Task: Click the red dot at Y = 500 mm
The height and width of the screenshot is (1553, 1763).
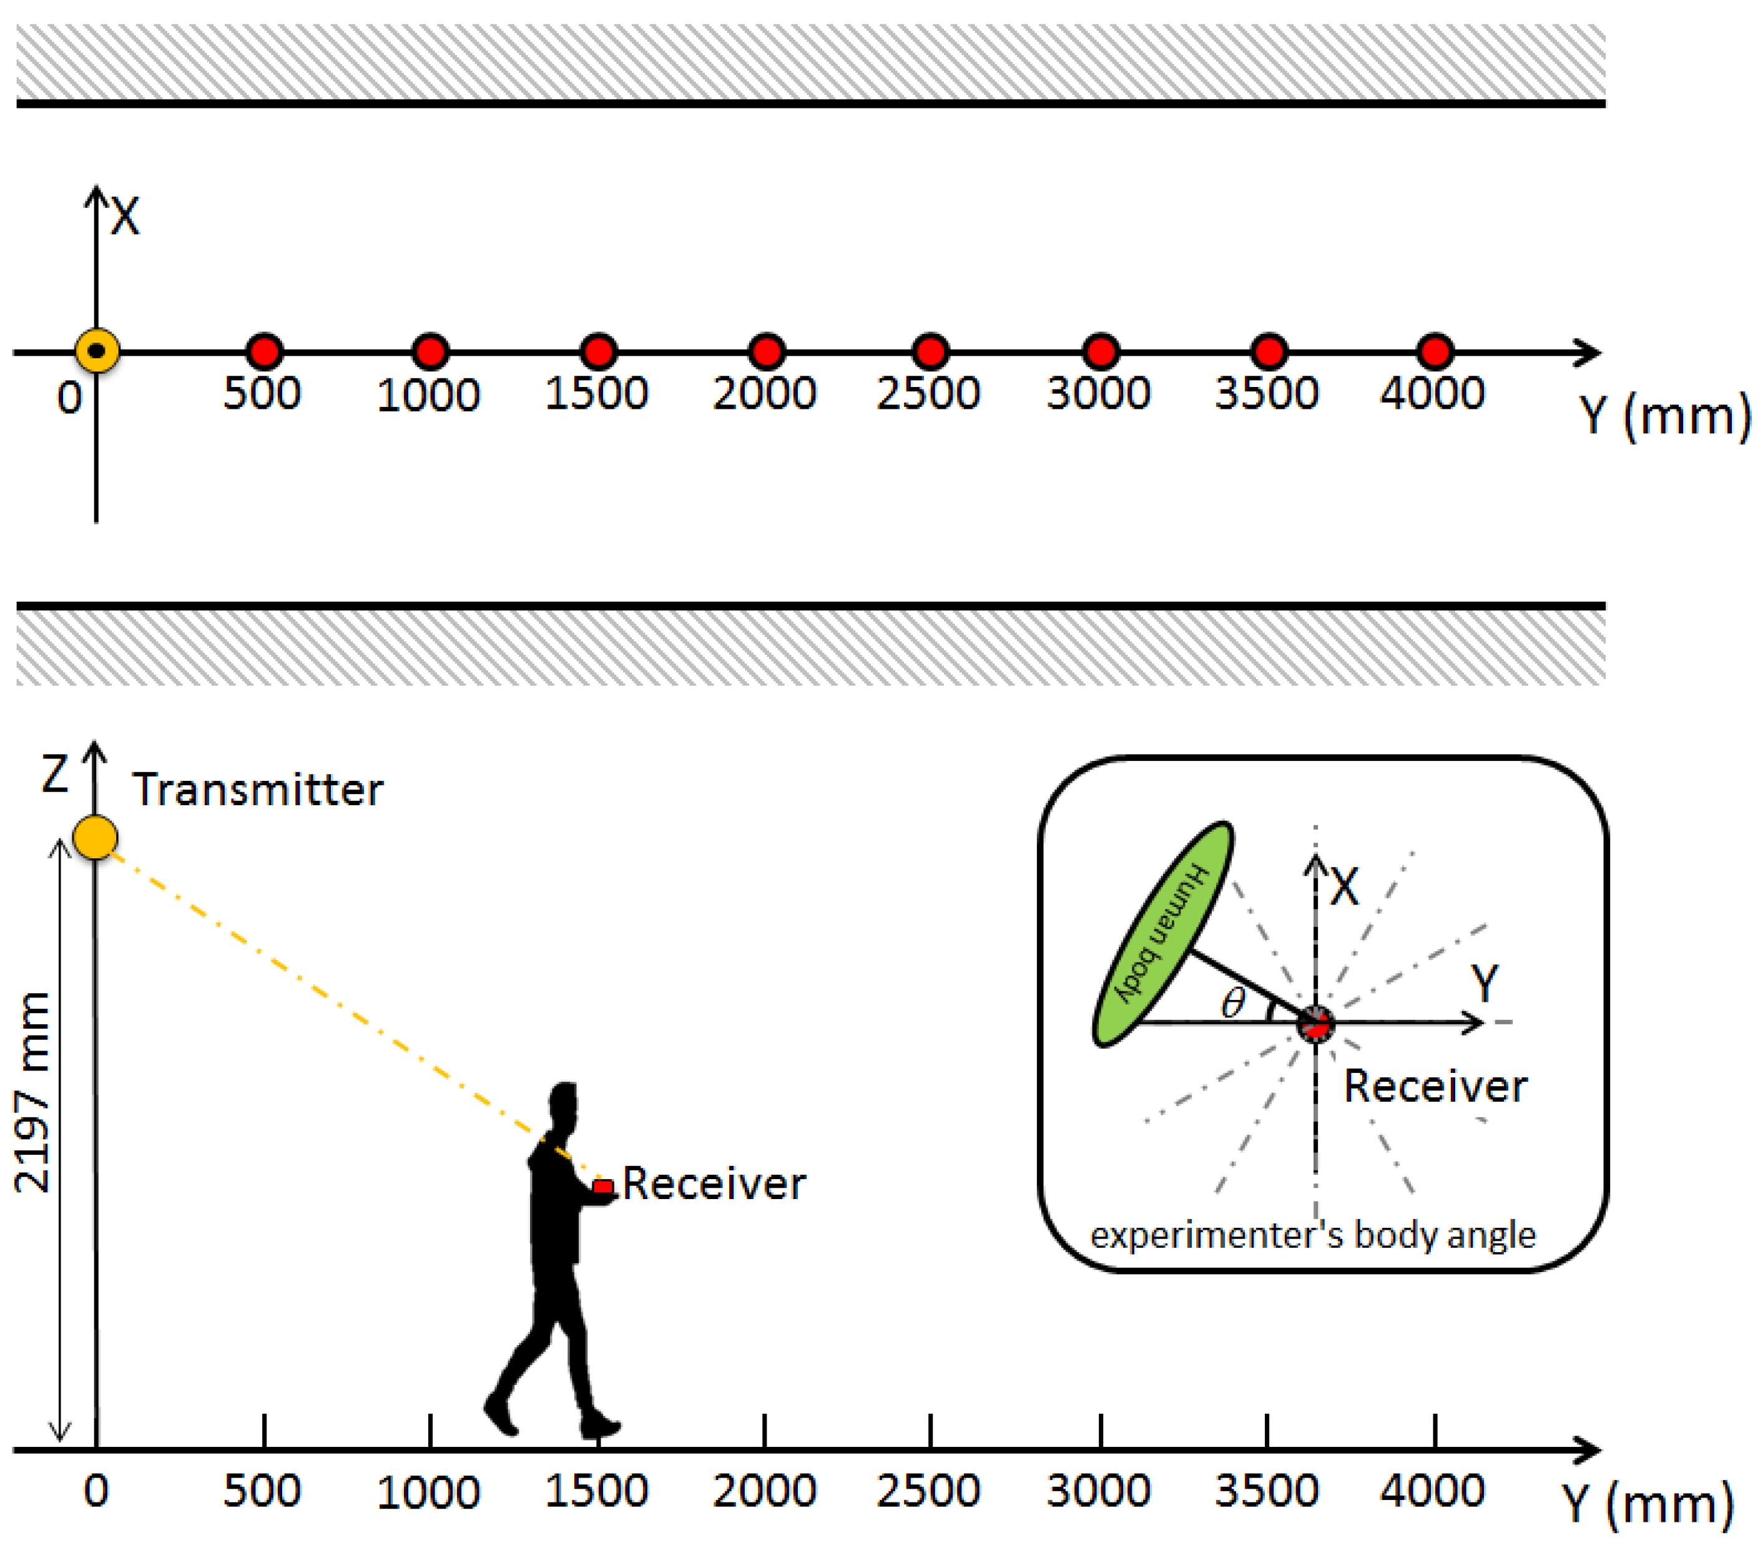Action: click(x=264, y=352)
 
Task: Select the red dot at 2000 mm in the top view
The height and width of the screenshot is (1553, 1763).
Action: click(x=767, y=352)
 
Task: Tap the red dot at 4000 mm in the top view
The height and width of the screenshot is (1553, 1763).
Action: click(x=1435, y=352)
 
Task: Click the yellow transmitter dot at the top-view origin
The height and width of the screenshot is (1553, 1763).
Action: click(x=97, y=351)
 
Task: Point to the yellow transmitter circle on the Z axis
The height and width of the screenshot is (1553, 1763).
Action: click(x=95, y=836)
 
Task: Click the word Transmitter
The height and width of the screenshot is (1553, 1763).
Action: click(x=257, y=790)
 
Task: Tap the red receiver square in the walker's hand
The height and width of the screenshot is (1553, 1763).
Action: click(x=603, y=1187)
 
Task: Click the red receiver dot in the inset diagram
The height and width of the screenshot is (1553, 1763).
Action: click(x=1316, y=1024)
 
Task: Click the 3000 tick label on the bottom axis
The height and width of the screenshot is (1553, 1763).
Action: click(x=1098, y=1491)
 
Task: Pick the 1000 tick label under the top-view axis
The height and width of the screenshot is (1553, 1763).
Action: click(x=428, y=396)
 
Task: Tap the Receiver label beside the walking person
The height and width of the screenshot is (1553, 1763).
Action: click(x=714, y=1183)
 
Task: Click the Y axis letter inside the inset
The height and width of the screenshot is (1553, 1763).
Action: click(x=1485, y=983)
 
